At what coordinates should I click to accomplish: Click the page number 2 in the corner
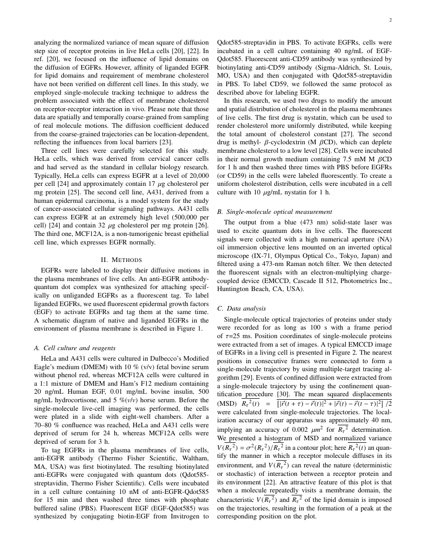pos(389,21)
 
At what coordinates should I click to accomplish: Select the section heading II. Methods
pos(121,259)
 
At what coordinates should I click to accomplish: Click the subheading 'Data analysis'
pos(241,308)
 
